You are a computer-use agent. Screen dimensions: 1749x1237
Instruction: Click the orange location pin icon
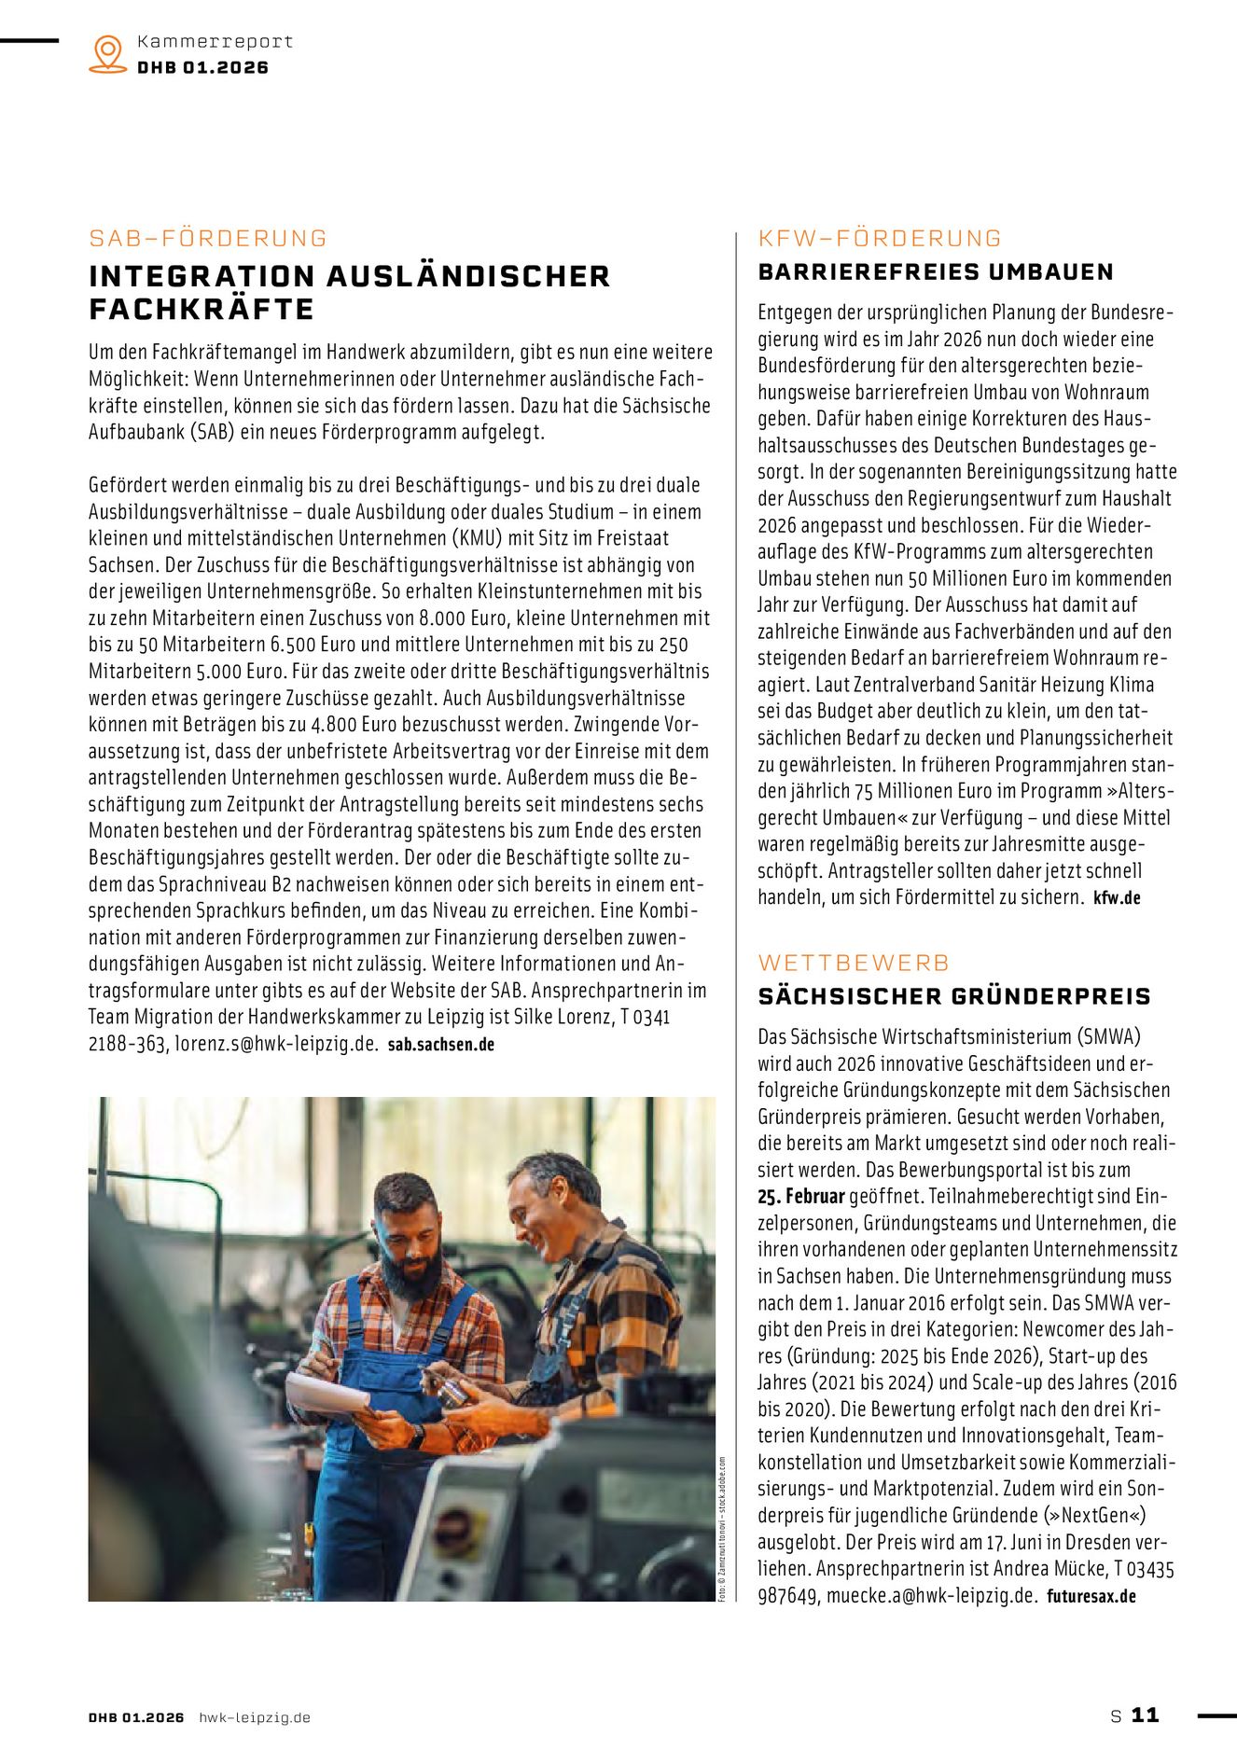[108, 54]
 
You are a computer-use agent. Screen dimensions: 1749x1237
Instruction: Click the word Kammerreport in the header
[215, 42]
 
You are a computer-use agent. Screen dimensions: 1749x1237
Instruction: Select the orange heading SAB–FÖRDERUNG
[208, 239]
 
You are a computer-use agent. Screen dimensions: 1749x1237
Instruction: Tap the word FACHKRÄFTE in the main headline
[202, 310]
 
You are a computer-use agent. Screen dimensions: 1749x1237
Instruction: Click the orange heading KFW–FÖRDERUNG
[880, 239]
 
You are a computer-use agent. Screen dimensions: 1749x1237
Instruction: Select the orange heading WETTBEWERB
[854, 963]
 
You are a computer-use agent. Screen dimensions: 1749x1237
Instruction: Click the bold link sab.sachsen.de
[441, 1045]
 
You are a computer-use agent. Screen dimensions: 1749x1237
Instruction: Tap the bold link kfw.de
[1117, 898]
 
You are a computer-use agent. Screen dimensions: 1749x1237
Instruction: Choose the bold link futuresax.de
[1091, 1596]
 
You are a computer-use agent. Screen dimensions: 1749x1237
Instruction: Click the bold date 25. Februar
[800, 1197]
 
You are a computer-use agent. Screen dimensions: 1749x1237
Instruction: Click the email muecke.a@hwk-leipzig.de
[930, 1595]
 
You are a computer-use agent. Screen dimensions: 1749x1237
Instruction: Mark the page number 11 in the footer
[1145, 1715]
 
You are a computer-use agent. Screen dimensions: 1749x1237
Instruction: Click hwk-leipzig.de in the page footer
[254, 1717]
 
